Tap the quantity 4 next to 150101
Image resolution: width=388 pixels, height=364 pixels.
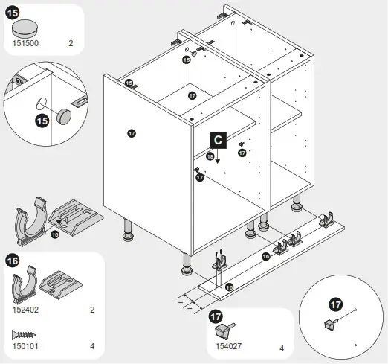[92, 346]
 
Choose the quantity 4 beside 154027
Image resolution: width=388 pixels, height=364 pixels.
[282, 348]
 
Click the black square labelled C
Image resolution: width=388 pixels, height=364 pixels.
[217, 138]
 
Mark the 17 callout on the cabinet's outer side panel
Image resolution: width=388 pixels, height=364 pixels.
[132, 133]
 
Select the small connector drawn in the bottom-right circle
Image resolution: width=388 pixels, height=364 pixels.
[330, 324]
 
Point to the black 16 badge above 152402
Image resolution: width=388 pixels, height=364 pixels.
[13, 261]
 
